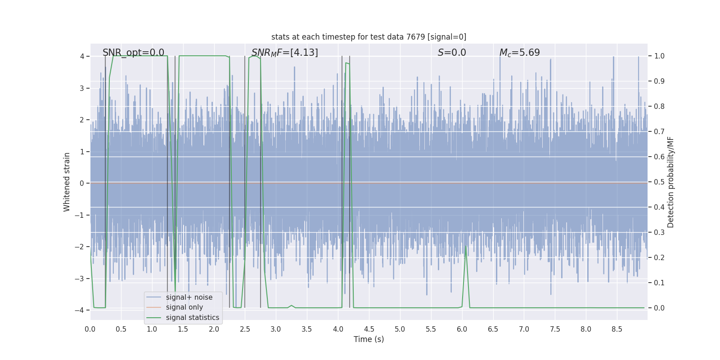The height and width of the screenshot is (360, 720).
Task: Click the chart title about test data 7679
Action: point(369,37)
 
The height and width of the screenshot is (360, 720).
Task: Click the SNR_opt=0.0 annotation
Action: point(133,53)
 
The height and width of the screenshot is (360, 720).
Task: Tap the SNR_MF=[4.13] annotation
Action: point(284,53)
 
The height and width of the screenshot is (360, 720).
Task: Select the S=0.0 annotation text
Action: point(452,53)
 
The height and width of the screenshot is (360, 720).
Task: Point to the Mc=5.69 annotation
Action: point(519,53)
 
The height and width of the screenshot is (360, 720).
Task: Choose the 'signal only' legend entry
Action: point(184,307)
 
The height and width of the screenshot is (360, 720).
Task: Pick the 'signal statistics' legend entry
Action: point(192,318)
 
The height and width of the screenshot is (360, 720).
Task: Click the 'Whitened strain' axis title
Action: point(67,182)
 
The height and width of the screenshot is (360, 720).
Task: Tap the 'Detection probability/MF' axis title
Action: point(670,182)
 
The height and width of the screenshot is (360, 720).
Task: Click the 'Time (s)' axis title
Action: point(369,339)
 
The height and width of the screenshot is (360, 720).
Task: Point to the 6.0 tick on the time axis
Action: point(462,329)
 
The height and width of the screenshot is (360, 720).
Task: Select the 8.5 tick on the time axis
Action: point(616,329)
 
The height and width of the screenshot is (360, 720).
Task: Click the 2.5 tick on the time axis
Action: point(245,329)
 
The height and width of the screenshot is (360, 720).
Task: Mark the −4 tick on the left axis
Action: point(80,310)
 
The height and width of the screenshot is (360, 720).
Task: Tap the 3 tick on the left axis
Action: point(82,88)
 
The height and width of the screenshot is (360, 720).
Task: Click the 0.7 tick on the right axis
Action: point(659,132)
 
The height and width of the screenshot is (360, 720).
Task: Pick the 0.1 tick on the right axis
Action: point(659,283)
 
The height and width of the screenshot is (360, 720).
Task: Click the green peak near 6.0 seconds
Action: point(466,246)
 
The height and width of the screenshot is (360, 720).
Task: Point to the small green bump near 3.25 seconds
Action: point(292,306)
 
